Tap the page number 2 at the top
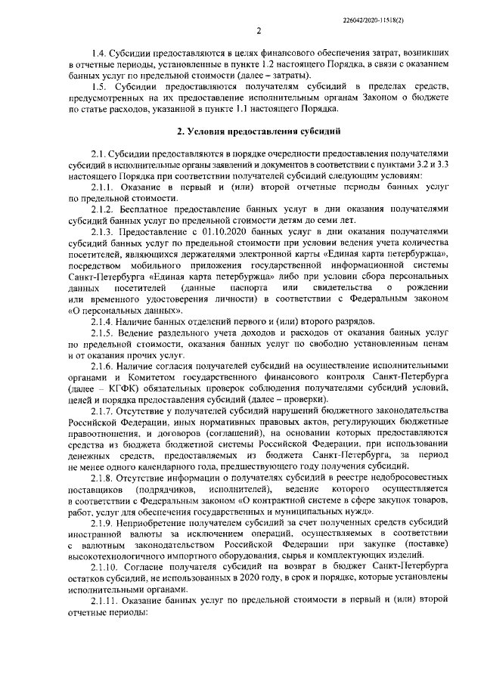click(258, 31)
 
